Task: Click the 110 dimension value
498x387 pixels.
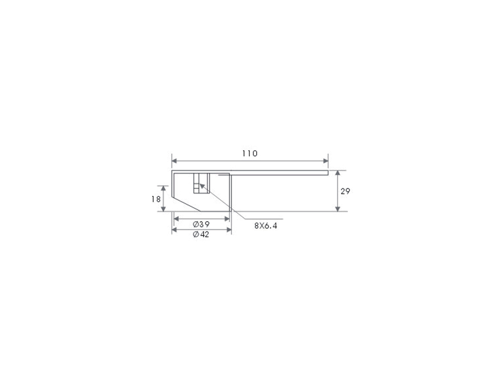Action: tap(250, 154)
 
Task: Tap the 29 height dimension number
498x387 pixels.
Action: tap(345, 191)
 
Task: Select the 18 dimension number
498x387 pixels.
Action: tap(156, 199)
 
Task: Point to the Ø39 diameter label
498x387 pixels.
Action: tap(201, 224)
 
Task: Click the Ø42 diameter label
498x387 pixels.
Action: tap(201, 234)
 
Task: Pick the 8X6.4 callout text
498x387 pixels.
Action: tap(266, 226)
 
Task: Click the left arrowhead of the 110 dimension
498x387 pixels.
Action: tap(174, 161)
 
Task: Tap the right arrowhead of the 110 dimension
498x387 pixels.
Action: tap(326, 161)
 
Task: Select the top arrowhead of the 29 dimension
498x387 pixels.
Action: tap(338, 173)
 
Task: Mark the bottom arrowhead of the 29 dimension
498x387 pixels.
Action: tap(338, 209)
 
